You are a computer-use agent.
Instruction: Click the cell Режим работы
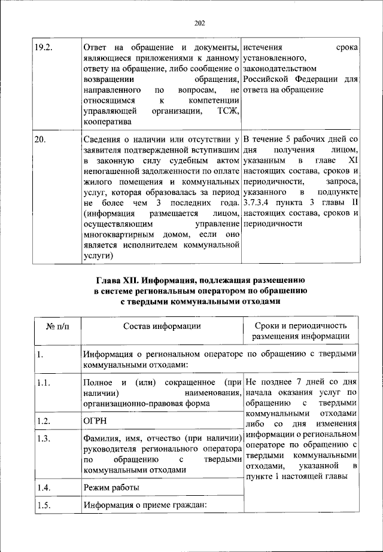(112, 488)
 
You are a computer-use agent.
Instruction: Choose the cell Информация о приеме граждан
(145, 507)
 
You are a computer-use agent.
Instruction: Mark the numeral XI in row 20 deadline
(352, 161)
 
